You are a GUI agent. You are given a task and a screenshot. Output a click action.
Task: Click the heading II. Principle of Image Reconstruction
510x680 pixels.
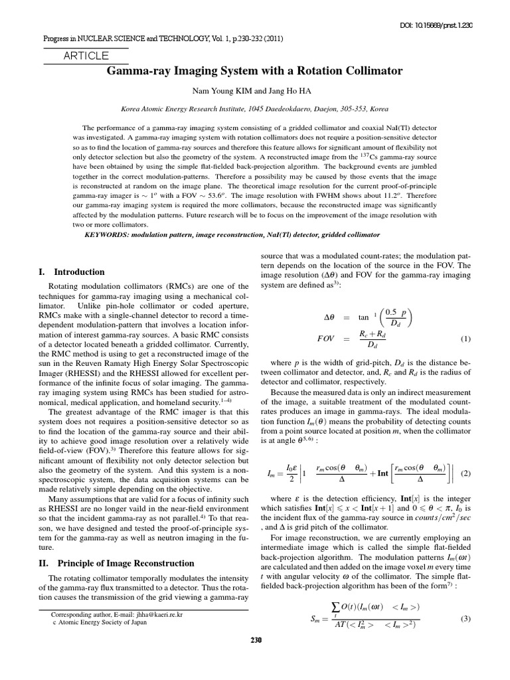118,563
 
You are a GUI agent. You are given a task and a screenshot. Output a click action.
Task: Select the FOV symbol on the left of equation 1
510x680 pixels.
325,339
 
